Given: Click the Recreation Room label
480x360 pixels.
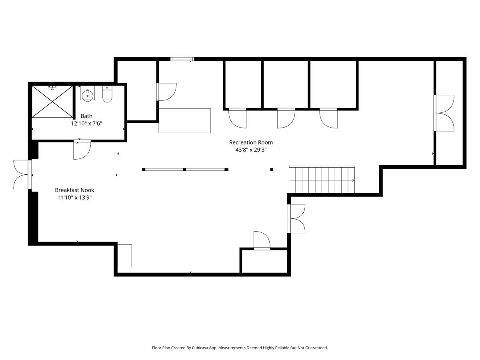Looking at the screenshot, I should click(x=251, y=142).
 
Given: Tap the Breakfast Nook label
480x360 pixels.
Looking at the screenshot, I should click(x=74, y=190).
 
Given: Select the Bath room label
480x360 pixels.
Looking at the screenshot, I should click(x=86, y=116).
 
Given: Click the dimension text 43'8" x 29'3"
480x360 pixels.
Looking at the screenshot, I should click(x=251, y=150).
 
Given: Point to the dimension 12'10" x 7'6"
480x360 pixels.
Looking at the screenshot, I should click(x=86, y=124).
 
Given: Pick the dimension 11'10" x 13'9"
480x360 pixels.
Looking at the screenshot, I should click(x=74, y=198).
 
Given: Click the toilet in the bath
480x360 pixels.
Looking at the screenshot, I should click(x=107, y=94).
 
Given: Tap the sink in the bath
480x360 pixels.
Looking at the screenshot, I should click(x=87, y=94).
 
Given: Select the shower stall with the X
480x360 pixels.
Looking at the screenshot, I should click(x=52, y=102).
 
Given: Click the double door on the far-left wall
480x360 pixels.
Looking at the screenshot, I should click(x=22, y=174).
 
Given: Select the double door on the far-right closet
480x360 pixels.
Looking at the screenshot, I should click(x=444, y=113).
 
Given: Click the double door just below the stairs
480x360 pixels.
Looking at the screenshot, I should click(x=296, y=218).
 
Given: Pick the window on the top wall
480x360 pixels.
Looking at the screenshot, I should click(x=182, y=59).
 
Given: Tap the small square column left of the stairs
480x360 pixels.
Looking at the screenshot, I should click(x=272, y=170).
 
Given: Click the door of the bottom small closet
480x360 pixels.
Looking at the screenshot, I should click(x=262, y=241).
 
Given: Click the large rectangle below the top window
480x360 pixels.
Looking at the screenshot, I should click(x=185, y=120).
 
